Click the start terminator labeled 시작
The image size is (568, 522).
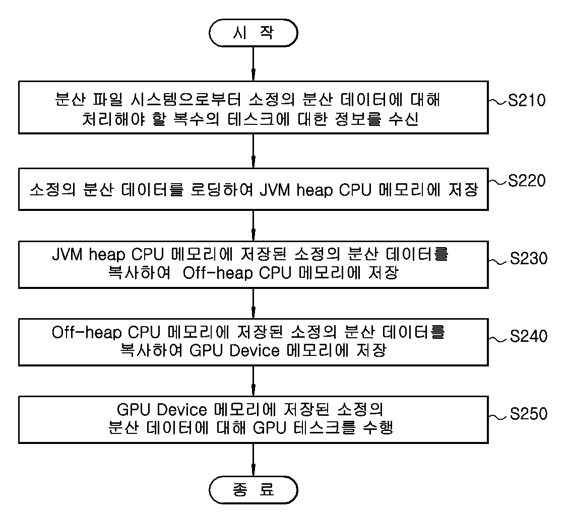tap(253, 33)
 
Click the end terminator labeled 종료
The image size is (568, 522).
tap(253, 490)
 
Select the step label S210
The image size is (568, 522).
tap(526, 100)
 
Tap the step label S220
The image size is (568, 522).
tap(526, 181)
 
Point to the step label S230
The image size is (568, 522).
tap(529, 258)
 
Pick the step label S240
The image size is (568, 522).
tap(529, 336)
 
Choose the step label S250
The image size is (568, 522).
tap(529, 414)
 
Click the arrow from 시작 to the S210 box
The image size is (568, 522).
tap(253, 63)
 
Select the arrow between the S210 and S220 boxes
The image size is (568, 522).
tap(253, 151)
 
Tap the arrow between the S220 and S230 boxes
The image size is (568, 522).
tap(253, 226)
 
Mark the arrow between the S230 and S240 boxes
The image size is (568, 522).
tap(253, 304)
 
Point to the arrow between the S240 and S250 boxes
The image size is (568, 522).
tap(253, 381)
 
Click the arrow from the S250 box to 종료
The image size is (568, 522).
tap(253, 460)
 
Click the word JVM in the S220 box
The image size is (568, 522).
tap(275, 190)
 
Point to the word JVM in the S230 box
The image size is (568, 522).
tap(68, 254)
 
